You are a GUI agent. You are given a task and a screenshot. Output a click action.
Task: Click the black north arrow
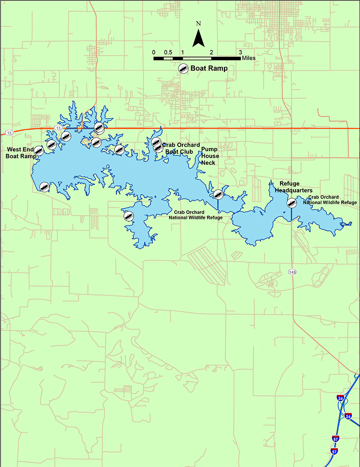[199, 38]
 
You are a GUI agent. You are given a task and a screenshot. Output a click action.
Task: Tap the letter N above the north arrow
[199, 23]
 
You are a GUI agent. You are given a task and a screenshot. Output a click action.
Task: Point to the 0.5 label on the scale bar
[168, 52]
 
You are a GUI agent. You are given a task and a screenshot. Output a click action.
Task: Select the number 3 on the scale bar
[240, 52]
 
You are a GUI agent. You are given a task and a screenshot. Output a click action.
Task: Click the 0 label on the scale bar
[154, 52]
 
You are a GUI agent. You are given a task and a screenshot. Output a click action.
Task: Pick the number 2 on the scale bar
[211, 52]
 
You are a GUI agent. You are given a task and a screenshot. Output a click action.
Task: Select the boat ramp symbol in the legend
[183, 68]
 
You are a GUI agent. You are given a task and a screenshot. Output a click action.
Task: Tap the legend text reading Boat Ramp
[209, 68]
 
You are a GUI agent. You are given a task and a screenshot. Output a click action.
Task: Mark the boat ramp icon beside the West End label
[39, 151]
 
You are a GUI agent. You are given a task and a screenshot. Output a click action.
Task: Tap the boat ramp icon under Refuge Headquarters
[291, 202]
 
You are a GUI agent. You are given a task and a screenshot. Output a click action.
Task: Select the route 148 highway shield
[292, 272]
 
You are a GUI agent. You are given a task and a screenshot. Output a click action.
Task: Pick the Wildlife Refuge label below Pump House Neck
[195, 215]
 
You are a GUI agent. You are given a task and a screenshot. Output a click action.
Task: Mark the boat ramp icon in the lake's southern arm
[129, 216]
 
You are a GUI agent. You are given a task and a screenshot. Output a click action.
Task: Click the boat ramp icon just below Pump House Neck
[218, 194]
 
